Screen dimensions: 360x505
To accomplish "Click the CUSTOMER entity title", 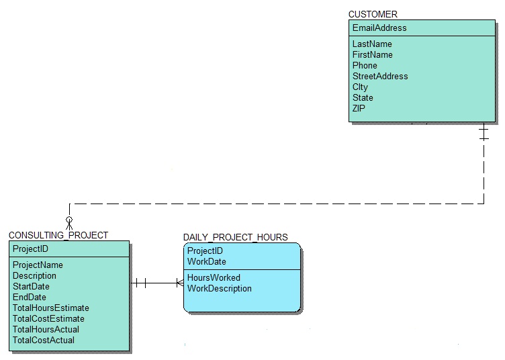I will click(x=373, y=14).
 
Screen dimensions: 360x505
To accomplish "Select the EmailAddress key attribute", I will click(x=379, y=28).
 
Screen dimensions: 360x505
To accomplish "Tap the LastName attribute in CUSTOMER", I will click(x=372, y=44).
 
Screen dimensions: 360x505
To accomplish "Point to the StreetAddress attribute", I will click(x=380, y=77).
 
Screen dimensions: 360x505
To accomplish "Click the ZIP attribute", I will click(x=359, y=109).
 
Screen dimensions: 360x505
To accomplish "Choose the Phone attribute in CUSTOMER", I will click(x=365, y=66).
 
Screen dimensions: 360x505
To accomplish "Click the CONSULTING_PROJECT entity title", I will click(x=58, y=235).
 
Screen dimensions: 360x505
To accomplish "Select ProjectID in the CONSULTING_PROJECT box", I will click(x=30, y=249).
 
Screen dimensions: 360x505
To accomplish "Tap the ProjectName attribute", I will click(x=38, y=265).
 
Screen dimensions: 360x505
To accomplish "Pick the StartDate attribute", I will click(x=30, y=287).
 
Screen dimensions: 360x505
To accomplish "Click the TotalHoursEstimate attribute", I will click(x=51, y=308).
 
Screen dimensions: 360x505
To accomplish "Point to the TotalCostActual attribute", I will click(x=44, y=341).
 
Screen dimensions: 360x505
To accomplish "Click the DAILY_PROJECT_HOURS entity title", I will click(x=235, y=237).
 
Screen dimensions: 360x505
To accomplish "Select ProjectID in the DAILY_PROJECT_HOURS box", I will click(x=205, y=251).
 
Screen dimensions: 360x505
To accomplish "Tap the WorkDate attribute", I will click(x=207, y=262).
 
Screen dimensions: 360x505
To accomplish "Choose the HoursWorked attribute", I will click(x=214, y=278).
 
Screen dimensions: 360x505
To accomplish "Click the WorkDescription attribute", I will click(x=220, y=289).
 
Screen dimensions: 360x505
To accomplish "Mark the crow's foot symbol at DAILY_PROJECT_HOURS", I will click(x=179, y=283).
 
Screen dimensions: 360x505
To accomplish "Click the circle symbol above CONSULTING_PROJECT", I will click(x=68, y=220).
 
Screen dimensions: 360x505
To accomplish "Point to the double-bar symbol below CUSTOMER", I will click(x=484, y=132).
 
